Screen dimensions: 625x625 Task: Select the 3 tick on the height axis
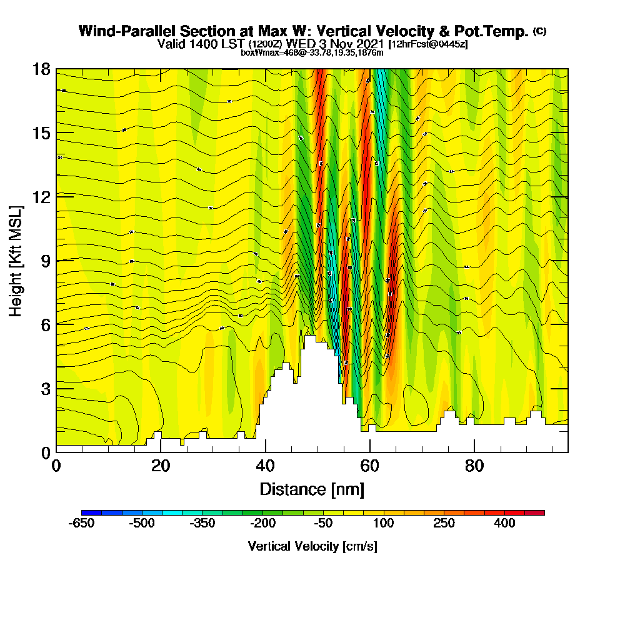click(x=45, y=388)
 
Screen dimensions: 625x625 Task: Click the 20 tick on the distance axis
click(x=161, y=466)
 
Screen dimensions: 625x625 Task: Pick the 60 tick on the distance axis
click(x=370, y=466)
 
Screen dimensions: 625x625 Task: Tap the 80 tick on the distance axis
click(x=474, y=466)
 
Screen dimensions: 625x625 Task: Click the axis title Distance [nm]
click(x=312, y=488)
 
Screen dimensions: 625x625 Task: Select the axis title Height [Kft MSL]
click(x=16, y=260)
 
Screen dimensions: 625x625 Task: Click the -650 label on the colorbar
click(x=81, y=523)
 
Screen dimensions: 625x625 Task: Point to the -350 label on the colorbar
click(x=202, y=523)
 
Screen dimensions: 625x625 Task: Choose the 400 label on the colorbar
click(x=504, y=523)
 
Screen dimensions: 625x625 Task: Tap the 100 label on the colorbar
click(x=384, y=523)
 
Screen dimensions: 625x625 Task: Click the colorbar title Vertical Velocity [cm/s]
click(x=312, y=546)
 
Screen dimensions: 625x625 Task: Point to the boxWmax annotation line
click(x=312, y=52)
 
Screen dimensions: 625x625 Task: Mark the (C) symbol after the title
click(x=539, y=31)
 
